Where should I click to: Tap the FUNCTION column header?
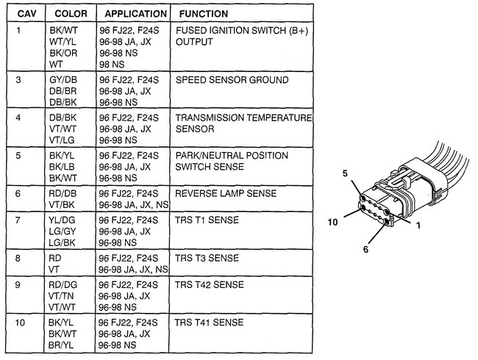pyautogui.click(x=200, y=13)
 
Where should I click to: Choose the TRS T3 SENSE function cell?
pyautogui.click(x=204, y=259)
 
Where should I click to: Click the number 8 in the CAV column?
pyautogui.click(x=19, y=259)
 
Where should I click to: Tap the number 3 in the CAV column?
pyautogui.click(x=19, y=79)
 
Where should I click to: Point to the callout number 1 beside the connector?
pyautogui.click(x=418, y=225)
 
